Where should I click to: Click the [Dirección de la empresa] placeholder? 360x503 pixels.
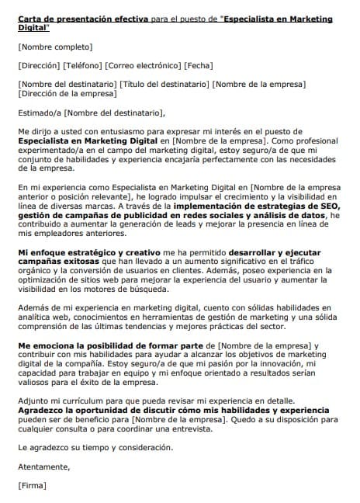coord(67,93)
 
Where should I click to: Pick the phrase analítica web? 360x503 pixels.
coord(41,318)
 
